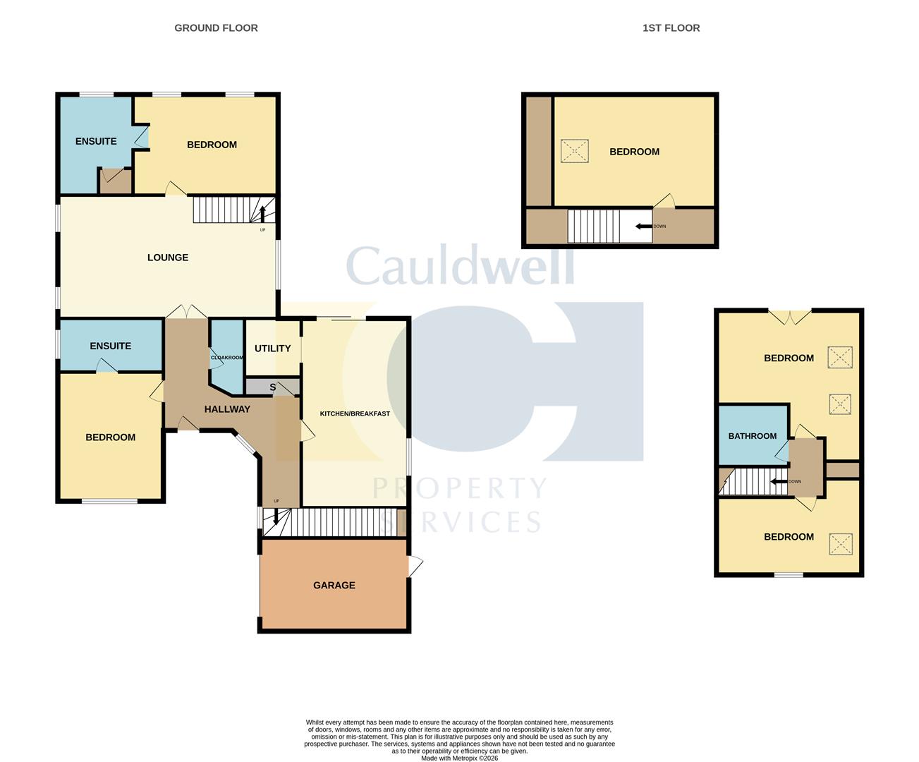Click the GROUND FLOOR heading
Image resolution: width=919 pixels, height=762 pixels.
pyautogui.click(x=216, y=28)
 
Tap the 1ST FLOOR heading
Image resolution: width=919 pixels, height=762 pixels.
pyautogui.click(x=671, y=28)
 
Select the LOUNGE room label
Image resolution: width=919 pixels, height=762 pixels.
pyautogui.click(x=168, y=258)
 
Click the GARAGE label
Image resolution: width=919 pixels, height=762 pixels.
pyautogui.click(x=334, y=585)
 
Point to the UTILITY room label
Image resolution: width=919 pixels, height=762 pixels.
pyautogui.click(x=272, y=349)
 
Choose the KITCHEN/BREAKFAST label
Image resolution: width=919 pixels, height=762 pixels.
pyautogui.click(x=355, y=413)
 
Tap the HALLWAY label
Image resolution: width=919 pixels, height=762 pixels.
pyautogui.click(x=227, y=409)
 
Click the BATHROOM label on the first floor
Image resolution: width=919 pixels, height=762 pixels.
pyautogui.click(x=752, y=436)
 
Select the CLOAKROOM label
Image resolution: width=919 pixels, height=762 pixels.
pyautogui.click(x=226, y=358)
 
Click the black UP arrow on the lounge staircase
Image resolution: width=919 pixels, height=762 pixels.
pyautogui.click(x=263, y=214)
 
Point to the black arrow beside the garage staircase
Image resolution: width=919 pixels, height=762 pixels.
pyautogui.click(x=276, y=516)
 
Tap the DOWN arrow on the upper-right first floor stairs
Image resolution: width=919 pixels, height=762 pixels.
pyautogui.click(x=643, y=226)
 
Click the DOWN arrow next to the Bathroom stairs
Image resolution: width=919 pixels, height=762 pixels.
pyautogui.click(x=779, y=482)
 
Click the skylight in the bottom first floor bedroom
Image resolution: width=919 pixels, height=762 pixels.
pyautogui.click(x=841, y=544)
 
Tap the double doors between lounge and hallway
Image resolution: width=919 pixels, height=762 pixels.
pyautogui.click(x=187, y=311)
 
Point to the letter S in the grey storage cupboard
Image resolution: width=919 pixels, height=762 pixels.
pyautogui.click(x=272, y=387)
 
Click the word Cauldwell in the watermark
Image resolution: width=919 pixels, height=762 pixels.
pyautogui.click(x=461, y=265)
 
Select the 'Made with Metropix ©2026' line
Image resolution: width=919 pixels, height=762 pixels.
pyautogui.click(x=460, y=758)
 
